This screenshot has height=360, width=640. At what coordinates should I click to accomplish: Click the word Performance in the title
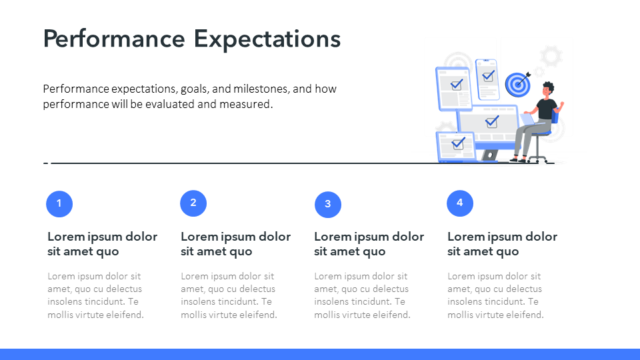[114, 39]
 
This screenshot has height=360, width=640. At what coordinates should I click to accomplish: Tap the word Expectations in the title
[267, 39]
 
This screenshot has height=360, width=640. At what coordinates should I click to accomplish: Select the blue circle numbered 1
[59, 204]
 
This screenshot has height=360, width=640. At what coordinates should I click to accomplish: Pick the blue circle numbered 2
[193, 203]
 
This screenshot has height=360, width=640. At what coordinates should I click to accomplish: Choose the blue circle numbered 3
[328, 205]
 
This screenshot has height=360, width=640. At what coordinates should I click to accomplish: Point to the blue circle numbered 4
[460, 203]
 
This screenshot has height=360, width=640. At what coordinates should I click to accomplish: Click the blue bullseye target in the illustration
[518, 85]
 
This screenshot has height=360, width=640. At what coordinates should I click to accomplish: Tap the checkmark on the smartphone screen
[488, 76]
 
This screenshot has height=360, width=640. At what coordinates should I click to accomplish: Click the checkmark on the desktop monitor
[492, 121]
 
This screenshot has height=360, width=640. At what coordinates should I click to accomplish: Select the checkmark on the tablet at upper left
[456, 85]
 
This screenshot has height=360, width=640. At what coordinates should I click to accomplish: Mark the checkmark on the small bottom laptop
[459, 143]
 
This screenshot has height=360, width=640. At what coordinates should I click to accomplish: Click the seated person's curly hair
[549, 87]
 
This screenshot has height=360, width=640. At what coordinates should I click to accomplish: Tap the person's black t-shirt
[546, 109]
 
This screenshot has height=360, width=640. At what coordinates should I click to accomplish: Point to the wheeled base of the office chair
[537, 159]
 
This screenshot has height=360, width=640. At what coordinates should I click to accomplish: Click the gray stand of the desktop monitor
[489, 155]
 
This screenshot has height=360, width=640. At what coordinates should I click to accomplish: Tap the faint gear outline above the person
[551, 56]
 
